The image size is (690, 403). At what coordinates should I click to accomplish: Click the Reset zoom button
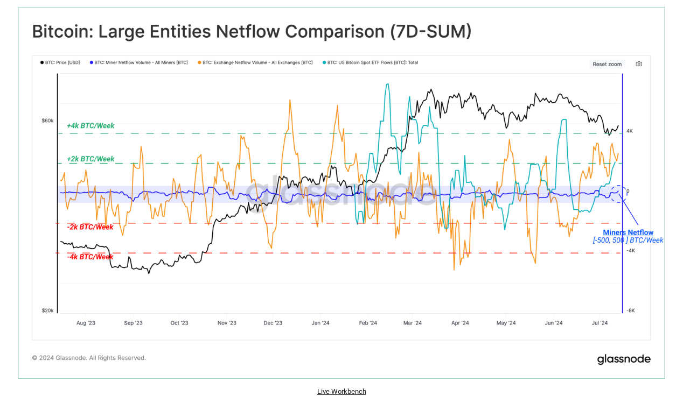click(607, 64)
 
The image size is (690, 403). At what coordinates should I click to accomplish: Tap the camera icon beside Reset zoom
click(639, 64)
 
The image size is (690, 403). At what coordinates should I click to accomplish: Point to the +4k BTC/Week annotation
click(90, 126)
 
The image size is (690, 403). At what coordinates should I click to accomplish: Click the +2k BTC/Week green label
click(90, 159)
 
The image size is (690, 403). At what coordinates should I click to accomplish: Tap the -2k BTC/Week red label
click(90, 227)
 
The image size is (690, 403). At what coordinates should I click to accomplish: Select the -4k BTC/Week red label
click(90, 257)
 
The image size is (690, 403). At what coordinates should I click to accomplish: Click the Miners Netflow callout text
click(628, 233)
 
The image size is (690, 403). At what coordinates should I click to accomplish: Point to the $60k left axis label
click(47, 121)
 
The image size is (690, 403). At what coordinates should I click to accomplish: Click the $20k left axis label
click(47, 310)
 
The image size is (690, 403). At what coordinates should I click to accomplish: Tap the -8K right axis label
click(630, 310)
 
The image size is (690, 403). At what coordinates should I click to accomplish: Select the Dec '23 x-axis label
click(273, 323)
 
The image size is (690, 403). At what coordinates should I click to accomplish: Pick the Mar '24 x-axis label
click(412, 323)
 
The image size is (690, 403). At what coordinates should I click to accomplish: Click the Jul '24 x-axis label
click(600, 323)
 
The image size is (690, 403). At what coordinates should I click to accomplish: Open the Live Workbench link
click(341, 392)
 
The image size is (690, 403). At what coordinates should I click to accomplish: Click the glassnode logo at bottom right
click(624, 359)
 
